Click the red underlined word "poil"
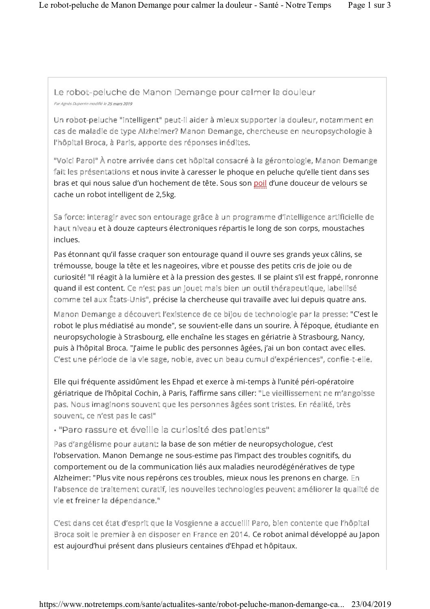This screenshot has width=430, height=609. [x=260, y=183]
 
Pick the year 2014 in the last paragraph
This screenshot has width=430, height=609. [x=242, y=534]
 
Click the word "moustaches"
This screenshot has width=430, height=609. [x=343, y=228]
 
